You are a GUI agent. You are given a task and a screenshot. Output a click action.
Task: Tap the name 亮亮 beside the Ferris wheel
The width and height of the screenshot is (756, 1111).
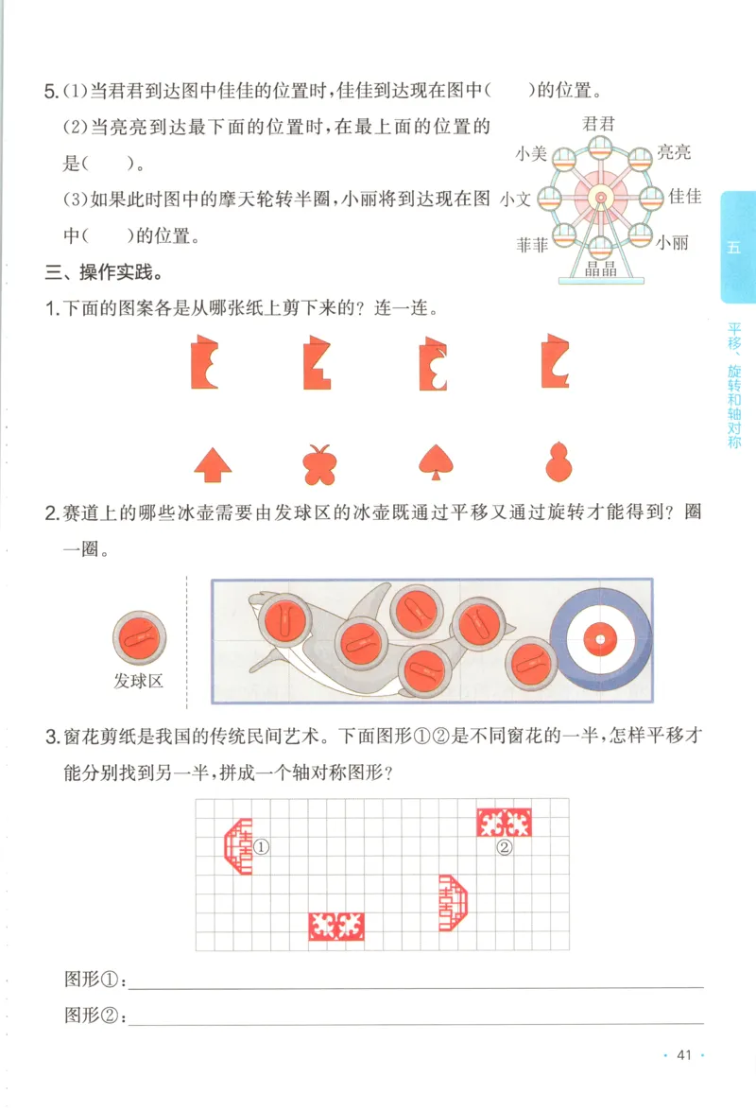[x=675, y=152]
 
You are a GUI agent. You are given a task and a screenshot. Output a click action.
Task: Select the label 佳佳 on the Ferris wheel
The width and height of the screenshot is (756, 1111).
[x=685, y=197]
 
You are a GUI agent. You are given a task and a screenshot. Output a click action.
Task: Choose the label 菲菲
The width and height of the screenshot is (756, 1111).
[x=532, y=245]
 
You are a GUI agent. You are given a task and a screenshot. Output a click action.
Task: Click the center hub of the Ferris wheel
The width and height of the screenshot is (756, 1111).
[x=600, y=198]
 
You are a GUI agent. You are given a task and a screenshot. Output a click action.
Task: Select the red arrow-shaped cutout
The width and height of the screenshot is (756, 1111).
[x=214, y=463]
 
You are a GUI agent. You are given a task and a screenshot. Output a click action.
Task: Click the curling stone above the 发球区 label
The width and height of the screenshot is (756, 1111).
[x=139, y=634]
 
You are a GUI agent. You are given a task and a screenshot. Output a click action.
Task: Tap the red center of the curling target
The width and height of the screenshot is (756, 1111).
[x=600, y=640]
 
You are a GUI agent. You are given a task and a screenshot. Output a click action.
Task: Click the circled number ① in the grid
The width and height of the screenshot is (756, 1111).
[x=262, y=847]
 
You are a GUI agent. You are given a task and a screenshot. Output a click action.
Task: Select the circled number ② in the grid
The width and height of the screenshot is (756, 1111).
[x=505, y=848]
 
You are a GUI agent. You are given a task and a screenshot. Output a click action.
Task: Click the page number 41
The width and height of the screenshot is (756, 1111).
[x=685, y=1055]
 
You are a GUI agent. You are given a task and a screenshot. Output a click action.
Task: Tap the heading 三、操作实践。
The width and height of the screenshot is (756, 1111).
[x=104, y=274]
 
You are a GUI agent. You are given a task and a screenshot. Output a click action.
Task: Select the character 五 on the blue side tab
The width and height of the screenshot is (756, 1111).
[x=735, y=248]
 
